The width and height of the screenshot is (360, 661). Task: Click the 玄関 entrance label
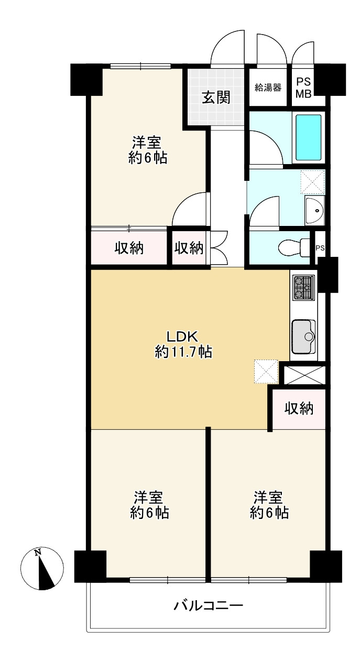[216, 97]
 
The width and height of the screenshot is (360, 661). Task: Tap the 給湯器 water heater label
[268, 88]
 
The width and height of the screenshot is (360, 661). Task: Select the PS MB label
[303, 88]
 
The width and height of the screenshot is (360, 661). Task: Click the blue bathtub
[308, 137]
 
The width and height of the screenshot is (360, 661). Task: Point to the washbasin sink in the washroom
[315, 210]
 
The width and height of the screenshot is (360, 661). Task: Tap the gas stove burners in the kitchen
[303, 287]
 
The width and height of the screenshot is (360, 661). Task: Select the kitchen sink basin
[303, 337]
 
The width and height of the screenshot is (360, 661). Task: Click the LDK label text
[182, 337]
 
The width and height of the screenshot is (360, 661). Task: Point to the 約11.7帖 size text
[183, 352]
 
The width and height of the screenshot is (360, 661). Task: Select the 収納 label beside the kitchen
[299, 409]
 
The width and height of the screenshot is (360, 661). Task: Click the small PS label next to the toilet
[320, 248]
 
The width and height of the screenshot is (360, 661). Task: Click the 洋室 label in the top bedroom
[147, 143]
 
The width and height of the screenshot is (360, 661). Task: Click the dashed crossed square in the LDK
[266, 372]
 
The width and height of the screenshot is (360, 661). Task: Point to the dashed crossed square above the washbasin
[312, 182]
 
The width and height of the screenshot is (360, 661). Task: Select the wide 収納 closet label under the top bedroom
[129, 248]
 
